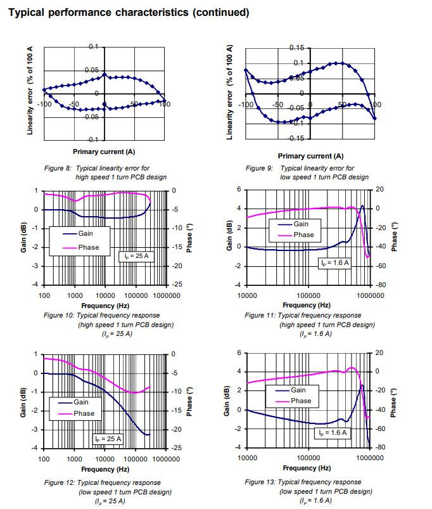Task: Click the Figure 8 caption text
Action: pos(121,172)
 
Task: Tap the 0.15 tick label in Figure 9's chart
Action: pos(296,48)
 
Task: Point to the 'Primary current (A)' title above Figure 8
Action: pos(104,151)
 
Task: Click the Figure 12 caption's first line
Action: pos(102,482)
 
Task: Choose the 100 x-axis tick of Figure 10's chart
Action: pos(44,295)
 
